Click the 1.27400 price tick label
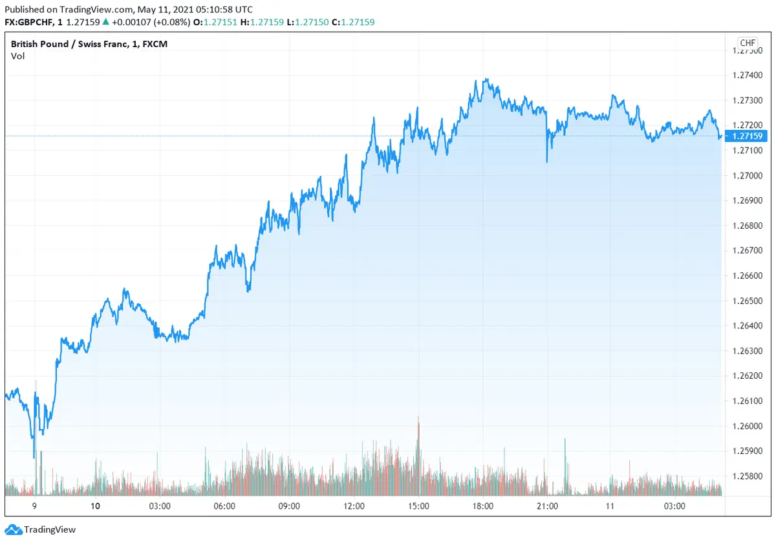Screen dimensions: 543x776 [x=749, y=76]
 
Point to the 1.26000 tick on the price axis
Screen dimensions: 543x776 [x=749, y=426]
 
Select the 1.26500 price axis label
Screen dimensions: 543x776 [x=749, y=301]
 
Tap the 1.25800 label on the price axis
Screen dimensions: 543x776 [x=749, y=476]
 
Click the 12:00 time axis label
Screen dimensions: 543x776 [x=354, y=506]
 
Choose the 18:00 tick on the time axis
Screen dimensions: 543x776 [x=483, y=506]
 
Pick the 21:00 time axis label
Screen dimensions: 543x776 [x=548, y=506]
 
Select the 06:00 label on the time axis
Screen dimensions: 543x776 [x=224, y=506]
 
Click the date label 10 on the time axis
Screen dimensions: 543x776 [x=96, y=506]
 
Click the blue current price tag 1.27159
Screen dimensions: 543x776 [x=749, y=136]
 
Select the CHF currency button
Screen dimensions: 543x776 [x=748, y=43]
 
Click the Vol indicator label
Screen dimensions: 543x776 [x=17, y=56]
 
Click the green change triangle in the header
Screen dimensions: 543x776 [x=105, y=22]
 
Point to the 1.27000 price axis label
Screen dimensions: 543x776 [x=749, y=176]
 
